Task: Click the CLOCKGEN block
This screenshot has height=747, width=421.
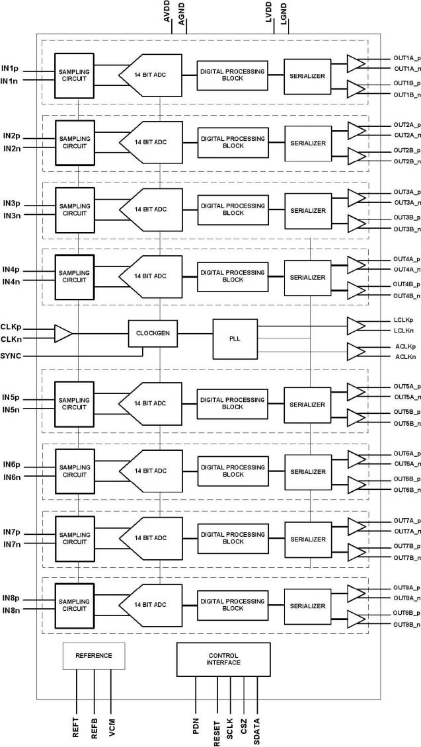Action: coord(153,333)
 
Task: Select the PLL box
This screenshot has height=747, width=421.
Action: coord(235,338)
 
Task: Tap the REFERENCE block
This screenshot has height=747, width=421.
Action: coord(94,655)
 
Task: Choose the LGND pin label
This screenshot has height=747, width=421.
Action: coord(284,15)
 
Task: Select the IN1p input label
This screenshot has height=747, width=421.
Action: coord(10,68)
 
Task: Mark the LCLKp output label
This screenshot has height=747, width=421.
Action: coord(402,320)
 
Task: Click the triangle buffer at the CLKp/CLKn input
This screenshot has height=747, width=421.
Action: coord(63,333)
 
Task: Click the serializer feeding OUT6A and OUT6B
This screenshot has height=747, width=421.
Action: coord(307,471)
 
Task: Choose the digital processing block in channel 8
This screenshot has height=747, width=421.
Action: coord(233,605)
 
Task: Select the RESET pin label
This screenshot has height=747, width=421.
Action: coord(217,728)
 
